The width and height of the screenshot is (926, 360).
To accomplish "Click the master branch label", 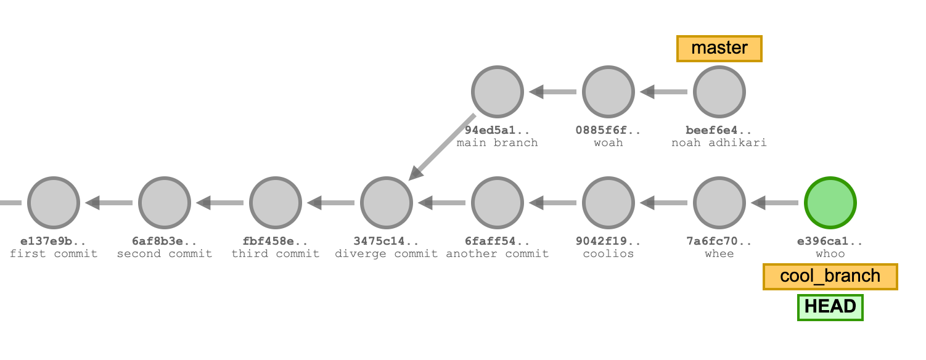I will coord(719,48).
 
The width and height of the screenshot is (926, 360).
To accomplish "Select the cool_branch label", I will coord(830,276).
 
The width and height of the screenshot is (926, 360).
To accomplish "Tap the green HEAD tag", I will coord(830,307).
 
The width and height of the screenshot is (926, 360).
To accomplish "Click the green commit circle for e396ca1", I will coord(830,202).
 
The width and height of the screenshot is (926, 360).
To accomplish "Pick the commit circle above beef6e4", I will coord(719,92).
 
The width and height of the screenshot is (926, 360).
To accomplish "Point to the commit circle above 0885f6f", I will coord(608,92).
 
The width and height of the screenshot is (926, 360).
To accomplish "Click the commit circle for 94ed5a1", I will coord(498,92).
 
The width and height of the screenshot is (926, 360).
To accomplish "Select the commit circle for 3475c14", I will coord(387,202).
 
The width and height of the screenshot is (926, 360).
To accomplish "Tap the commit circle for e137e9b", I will coord(54,202).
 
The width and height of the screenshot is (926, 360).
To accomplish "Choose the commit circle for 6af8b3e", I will coord(165,202).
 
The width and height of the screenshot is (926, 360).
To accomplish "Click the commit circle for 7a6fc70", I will coord(719,202).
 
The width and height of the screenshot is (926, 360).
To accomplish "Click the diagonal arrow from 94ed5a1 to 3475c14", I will coord(442,147).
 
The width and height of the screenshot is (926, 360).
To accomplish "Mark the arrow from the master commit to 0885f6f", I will coord(664,92).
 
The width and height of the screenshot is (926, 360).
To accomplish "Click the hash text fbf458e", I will coord(276,242).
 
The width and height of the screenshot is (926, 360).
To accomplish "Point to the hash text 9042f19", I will coord(608,242).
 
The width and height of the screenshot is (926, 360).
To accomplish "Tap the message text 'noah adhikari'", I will coord(719,143).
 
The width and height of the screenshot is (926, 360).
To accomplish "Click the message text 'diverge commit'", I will coord(387,254).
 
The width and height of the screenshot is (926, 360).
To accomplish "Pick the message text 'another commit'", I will coord(498,254).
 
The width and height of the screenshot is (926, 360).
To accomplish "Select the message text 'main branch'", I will coord(498,143).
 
